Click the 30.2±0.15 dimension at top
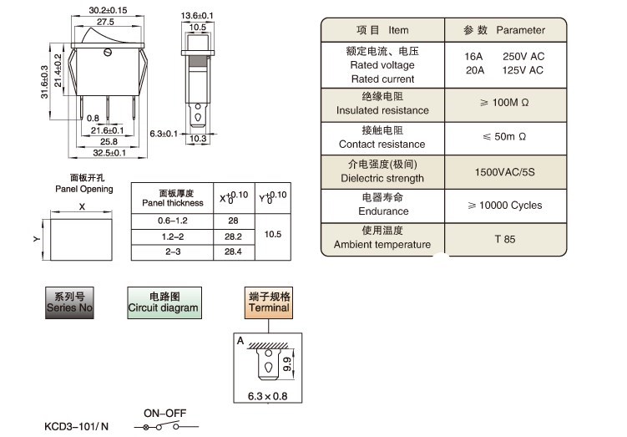[107, 11]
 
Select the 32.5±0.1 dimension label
[109, 153]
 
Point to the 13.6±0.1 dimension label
[197, 16]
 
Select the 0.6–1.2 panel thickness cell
[173, 221]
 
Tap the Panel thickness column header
[173, 198]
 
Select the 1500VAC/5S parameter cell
[504, 170]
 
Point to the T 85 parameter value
[504, 238]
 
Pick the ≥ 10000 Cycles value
[504, 205]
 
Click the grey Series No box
[70, 302]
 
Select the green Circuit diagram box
[164, 302]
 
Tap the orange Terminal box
[269, 302]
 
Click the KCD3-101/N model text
[77, 426]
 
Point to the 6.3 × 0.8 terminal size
[269, 395]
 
